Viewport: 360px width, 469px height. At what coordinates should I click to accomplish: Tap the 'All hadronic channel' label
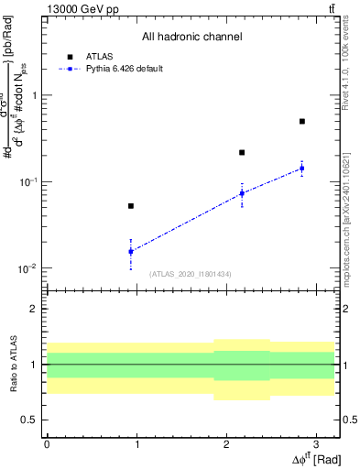(191, 38)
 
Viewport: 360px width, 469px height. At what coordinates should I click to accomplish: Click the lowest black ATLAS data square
(131, 206)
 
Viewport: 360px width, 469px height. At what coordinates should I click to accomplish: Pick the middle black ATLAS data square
(242, 152)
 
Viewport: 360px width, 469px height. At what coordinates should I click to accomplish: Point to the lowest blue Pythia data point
(131, 251)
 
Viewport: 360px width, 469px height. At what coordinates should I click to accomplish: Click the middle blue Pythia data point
(242, 193)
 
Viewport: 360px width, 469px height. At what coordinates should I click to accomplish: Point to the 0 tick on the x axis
(47, 442)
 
